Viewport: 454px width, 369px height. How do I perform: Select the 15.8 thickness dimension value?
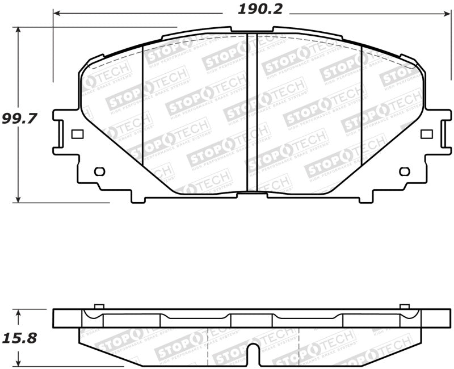tap(19, 339)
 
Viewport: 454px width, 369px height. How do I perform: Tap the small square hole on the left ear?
tap(78, 134)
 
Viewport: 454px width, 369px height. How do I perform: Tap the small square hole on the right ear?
tap(426, 134)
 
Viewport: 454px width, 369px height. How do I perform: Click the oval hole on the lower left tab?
tap(99, 171)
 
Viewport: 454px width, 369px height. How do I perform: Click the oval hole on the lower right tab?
tap(405, 171)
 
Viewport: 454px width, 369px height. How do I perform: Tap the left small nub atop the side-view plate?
tap(99, 307)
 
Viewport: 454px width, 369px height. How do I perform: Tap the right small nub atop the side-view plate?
tap(405, 307)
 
